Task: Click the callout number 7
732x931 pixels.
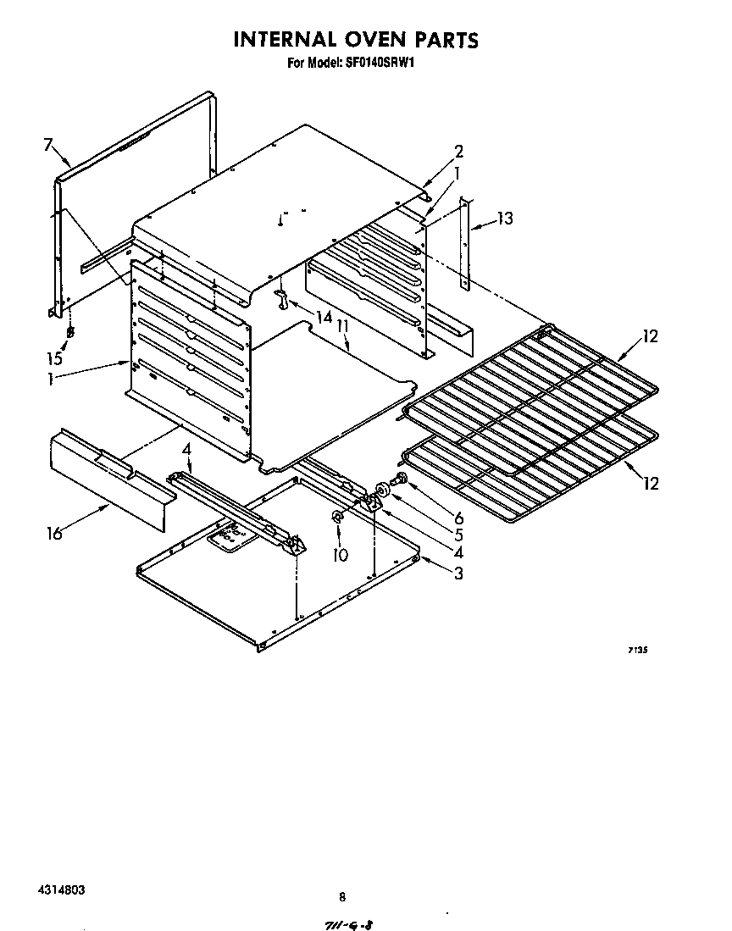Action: pyautogui.click(x=48, y=145)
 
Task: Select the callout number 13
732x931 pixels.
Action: pyautogui.click(x=505, y=219)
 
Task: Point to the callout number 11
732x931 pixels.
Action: pyautogui.click(x=342, y=324)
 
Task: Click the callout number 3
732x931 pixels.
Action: pyautogui.click(x=457, y=574)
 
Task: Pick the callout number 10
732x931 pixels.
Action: pyautogui.click(x=340, y=556)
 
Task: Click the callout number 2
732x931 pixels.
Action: pyautogui.click(x=458, y=152)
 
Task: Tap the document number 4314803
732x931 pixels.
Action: pyautogui.click(x=60, y=891)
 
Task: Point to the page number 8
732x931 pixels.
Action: pyautogui.click(x=342, y=896)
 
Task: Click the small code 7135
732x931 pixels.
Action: pyautogui.click(x=638, y=651)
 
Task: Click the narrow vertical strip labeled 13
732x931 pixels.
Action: pyautogui.click(x=464, y=244)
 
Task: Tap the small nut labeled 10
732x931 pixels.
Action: pyautogui.click(x=337, y=516)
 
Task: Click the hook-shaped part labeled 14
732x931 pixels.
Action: pyautogui.click(x=283, y=298)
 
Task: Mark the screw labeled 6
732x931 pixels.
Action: pyautogui.click(x=401, y=482)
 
